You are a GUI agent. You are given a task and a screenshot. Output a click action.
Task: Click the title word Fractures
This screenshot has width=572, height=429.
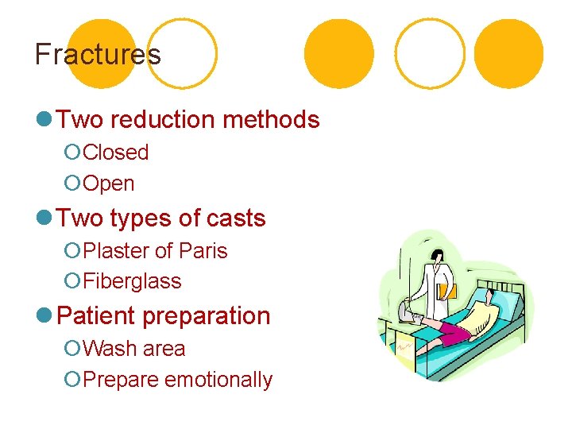click(x=98, y=54)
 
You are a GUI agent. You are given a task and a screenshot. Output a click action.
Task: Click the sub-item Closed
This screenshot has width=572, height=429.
click(x=116, y=152)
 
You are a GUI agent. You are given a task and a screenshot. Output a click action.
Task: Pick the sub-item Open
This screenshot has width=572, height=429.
click(x=109, y=184)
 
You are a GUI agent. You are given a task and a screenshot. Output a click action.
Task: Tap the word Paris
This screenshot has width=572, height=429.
click(x=203, y=251)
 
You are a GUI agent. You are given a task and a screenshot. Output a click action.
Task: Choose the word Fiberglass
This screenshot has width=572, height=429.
click(x=132, y=281)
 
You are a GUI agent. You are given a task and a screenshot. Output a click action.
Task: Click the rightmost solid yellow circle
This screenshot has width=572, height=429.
click(x=509, y=53)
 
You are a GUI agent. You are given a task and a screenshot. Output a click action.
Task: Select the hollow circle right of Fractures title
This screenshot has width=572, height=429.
click(x=183, y=53)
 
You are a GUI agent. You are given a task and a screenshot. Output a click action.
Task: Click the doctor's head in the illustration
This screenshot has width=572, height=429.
click(x=437, y=256)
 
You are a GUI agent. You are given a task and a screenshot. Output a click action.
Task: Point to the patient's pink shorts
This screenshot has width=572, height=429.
click(x=450, y=327)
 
